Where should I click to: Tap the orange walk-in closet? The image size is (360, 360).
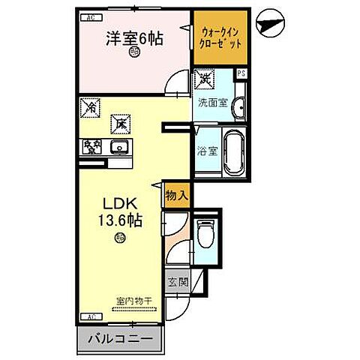pyautogui.click(x=220, y=38)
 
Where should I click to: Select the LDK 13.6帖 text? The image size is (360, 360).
pyautogui.click(x=119, y=214)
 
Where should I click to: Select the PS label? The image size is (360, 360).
pyautogui.click(x=241, y=73)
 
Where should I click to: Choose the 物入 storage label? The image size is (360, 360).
pyautogui.click(x=175, y=195)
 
